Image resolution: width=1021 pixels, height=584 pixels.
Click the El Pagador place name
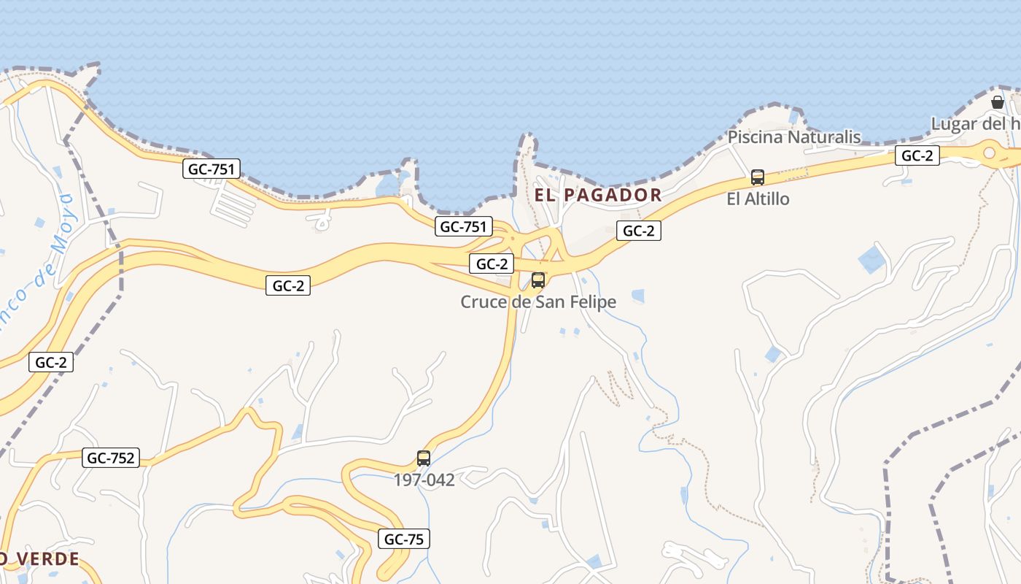click(x=598, y=195)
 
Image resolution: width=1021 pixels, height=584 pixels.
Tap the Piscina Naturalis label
click(x=794, y=137)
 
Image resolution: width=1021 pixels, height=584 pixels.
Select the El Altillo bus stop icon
click(x=758, y=177)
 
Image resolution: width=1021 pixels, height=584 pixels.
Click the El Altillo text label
click(x=758, y=199)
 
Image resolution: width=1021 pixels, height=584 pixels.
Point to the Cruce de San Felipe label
click(x=538, y=301)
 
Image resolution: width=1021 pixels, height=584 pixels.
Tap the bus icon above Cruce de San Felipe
click(x=538, y=280)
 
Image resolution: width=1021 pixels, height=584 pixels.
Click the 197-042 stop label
click(x=424, y=480)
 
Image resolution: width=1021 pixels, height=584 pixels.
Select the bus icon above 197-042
click(x=424, y=458)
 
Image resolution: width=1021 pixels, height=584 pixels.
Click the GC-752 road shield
click(x=111, y=458)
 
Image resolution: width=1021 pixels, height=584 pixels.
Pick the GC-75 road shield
click(x=404, y=539)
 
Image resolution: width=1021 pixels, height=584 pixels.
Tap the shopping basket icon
click(x=998, y=102)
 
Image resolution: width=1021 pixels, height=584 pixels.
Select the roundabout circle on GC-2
click(x=990, y=153)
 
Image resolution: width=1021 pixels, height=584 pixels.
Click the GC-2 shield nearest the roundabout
click(x=917, y=155)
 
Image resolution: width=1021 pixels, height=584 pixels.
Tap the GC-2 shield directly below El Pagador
click(x=639, y=231)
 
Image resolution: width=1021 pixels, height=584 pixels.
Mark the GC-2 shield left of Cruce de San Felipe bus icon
click(x=491, y=264)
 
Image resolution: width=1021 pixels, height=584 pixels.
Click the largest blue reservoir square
click(x=871, y=260)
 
